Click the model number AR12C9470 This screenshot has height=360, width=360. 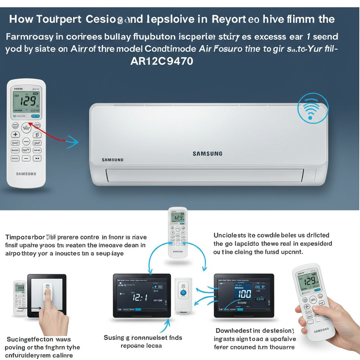coord(161,61)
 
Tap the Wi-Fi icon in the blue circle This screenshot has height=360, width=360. coord(313,109)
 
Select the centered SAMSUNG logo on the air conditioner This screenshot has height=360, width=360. coord(207,154)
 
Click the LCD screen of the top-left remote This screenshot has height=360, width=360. coord(26,102)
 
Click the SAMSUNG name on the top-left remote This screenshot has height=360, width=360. coord(26,174)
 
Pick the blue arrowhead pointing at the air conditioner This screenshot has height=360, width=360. coord(73,142)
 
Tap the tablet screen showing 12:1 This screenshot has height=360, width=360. coord(142,296)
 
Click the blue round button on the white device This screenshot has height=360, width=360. coord(183,292)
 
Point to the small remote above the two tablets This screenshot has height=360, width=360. coord(178,232)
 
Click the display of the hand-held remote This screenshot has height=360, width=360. coord(309,281)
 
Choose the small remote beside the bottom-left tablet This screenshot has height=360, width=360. coord(20,297)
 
